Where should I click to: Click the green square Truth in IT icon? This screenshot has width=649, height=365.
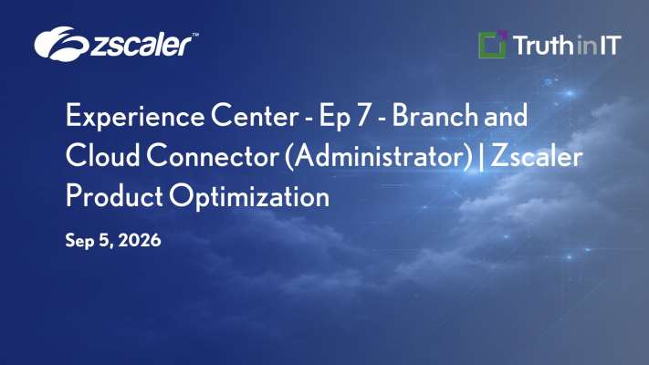[493, 45]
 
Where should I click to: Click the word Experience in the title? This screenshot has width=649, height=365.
[135, 117]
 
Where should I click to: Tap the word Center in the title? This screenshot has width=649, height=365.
[255, 116]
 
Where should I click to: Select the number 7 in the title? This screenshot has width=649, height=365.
[362, 116]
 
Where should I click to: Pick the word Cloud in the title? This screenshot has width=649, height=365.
[102, 156]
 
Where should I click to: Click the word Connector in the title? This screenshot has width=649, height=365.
[212, 156]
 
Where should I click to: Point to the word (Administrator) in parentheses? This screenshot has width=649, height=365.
[379, 157]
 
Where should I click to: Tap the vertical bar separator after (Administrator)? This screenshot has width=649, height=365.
[481, 157]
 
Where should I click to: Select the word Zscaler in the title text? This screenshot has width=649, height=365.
[537, 156]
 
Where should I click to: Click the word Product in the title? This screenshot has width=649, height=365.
[114, 196]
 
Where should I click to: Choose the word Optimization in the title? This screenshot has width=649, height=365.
[249, 197]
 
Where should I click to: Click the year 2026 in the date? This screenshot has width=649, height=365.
[140, 240]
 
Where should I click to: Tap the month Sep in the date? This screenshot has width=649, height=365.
[80, 241]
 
